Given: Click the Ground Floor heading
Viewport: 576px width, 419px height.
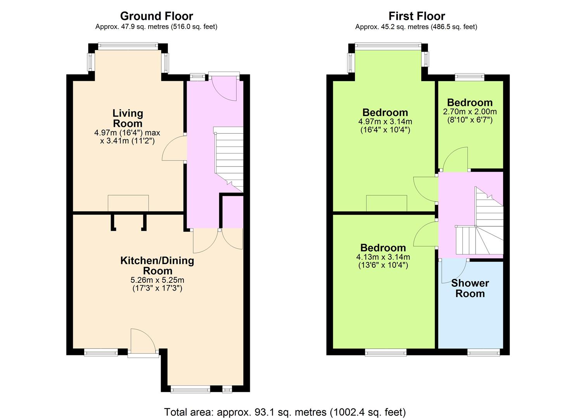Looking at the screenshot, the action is [157, 16].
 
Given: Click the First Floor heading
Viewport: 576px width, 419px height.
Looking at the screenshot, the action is [417, 16].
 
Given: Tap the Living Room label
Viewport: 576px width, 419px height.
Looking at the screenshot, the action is [128, 118].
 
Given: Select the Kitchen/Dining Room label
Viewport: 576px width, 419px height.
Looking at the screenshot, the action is [157, 266].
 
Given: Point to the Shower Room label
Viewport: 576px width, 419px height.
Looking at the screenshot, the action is [470, 288].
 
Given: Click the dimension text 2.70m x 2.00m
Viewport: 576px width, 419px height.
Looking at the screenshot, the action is [470, 112].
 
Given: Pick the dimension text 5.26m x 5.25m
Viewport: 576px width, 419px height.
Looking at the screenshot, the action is [157, 280].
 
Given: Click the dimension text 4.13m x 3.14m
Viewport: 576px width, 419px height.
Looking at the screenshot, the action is [383, 257].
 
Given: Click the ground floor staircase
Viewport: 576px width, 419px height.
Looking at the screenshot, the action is [229, 159].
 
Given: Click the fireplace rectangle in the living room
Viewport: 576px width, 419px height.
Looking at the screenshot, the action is [128, 203].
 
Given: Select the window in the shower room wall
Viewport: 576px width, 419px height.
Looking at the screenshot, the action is [483, 352].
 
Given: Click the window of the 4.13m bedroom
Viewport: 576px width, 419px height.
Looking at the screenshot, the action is [386, 352].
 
